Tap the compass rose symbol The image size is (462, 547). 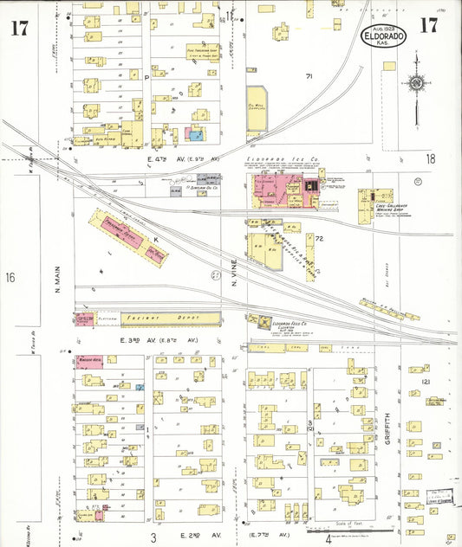tap(417, 84)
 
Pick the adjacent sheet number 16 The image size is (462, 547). tap(10, 278)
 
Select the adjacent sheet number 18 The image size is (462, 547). tap(431, 158)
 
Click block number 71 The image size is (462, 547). tap(308, 76)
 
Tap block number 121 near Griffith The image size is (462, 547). tap(426, 382)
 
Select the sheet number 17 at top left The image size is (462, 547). tap(19, 27)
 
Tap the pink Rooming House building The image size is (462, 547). tap(89, 361)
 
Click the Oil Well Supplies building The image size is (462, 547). tap(257, 109)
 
